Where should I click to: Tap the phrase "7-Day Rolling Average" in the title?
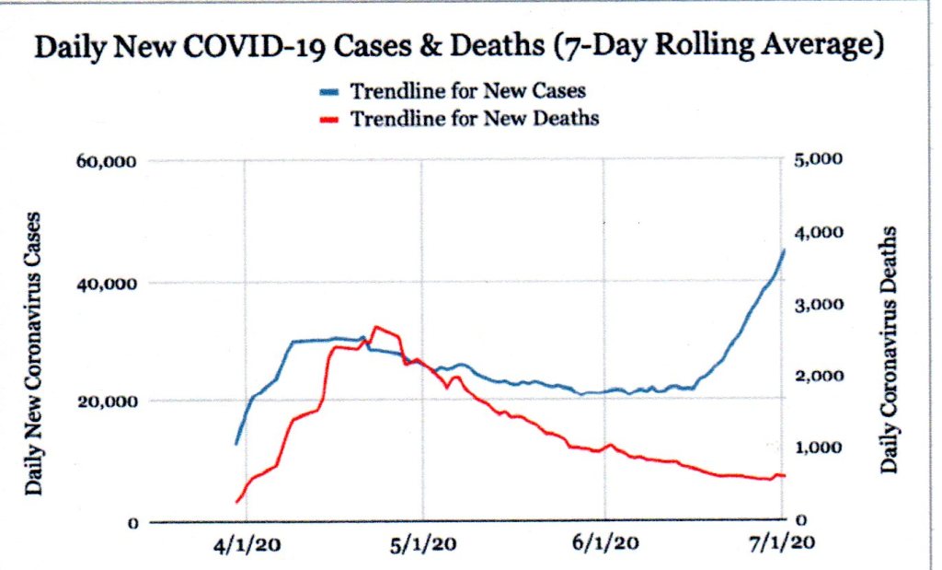(717, 49)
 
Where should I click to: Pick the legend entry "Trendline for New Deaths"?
(474, 118)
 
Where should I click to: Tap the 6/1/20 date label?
(607, 544)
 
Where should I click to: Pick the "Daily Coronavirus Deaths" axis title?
(889, 349)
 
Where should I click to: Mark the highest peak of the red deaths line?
(374, 327)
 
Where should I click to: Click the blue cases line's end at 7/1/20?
(783, 250)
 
